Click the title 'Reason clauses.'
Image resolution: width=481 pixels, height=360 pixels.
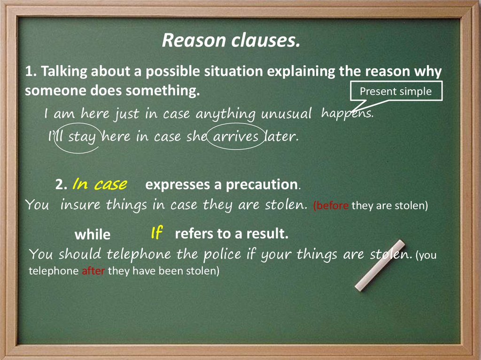231,41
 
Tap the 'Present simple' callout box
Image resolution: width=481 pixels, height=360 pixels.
396,92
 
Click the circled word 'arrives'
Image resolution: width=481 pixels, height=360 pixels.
236,137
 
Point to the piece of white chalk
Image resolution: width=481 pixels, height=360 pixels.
380,265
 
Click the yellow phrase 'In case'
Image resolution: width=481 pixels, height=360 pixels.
99,184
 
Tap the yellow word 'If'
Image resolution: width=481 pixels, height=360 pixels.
156,232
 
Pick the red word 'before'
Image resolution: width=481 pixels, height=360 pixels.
331,206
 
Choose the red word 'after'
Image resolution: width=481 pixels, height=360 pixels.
93,271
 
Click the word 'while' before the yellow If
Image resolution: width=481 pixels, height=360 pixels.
93,234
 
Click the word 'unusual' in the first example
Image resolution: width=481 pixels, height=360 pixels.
287,114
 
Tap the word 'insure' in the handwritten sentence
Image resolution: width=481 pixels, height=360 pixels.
81,205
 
